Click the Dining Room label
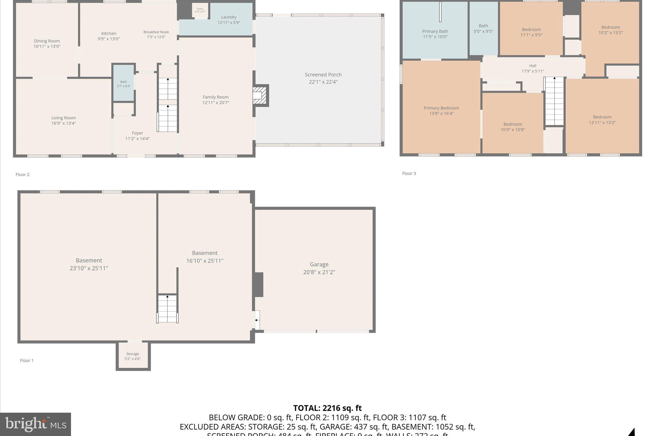47,41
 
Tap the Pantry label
200,9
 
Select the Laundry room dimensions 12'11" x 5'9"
229,23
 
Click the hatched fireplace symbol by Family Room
259,95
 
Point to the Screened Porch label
323,75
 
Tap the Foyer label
138,133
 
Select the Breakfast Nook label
156,32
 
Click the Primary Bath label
435,31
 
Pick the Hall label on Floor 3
533,66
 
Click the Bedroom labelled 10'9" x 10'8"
513,127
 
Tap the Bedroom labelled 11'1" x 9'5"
531,32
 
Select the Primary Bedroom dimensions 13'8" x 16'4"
441,113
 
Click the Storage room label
132,354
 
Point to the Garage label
319,264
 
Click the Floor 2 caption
22,174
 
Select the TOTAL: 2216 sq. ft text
327,408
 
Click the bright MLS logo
36,424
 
